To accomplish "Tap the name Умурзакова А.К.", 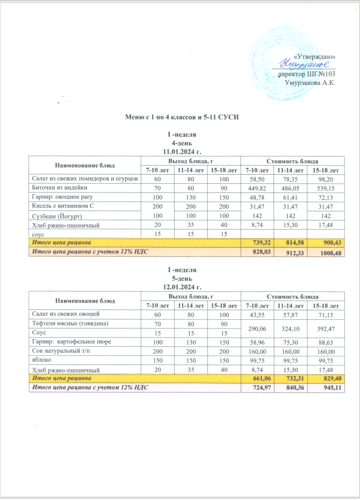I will coord(310,82).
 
